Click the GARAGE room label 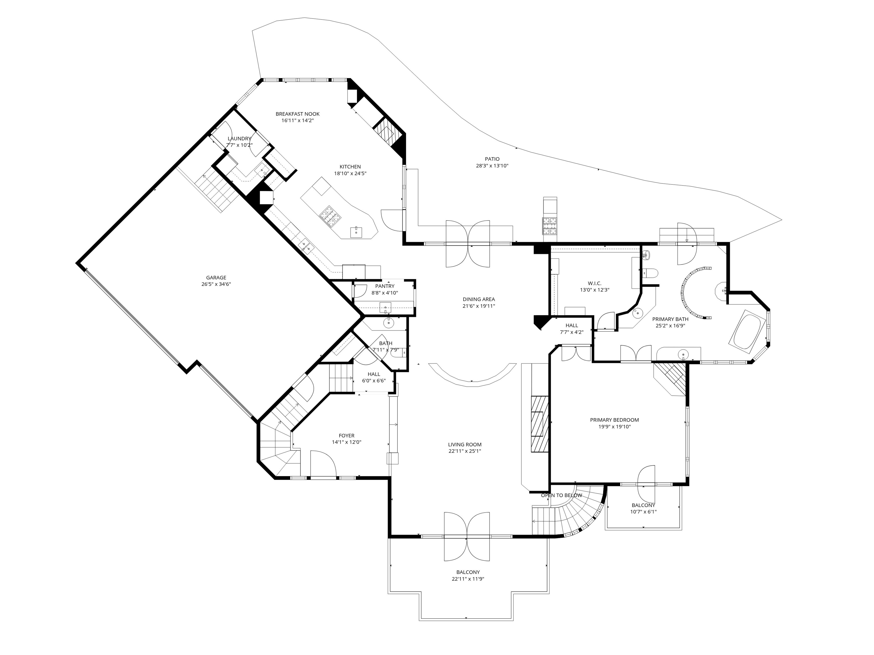click(x=216, y=278)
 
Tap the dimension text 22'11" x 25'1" click(x=465, y=451)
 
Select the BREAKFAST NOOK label click(x=298, y=114)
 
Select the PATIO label click(x=492, y=159)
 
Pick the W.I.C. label click(x=594, y=283)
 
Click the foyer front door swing click(x=323, y=464)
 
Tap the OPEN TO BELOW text click(x=561, y=495)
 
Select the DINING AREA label click(x=479, y=299)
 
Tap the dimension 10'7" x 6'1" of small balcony click(x=643, y=512)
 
